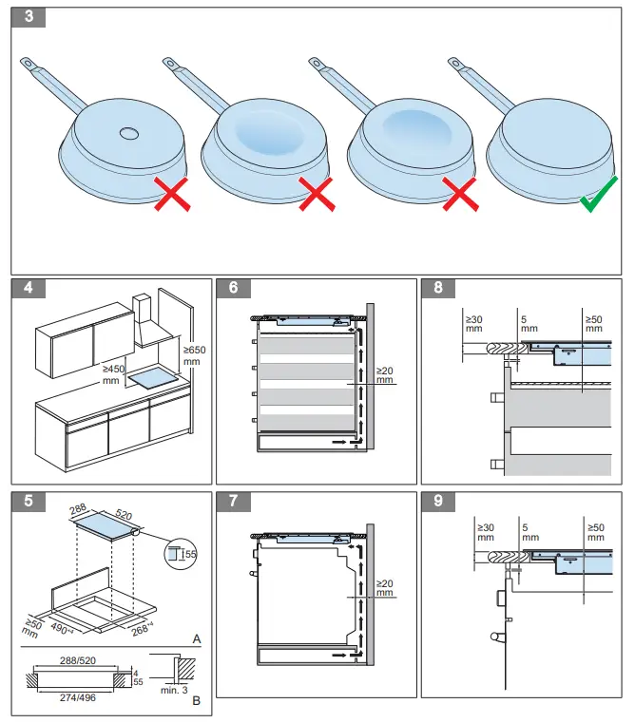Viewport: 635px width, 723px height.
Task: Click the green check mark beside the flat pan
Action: click(600, 197)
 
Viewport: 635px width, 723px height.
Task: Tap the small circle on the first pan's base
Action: click(128, 134)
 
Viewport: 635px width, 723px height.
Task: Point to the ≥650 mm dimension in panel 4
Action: click(193, 355)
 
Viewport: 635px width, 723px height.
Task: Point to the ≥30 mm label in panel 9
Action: click(485, 532)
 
